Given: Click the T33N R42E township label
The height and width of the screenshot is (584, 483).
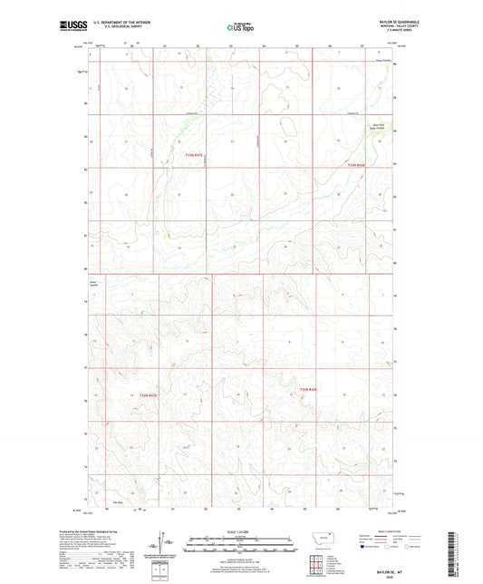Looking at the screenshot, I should (355, 165).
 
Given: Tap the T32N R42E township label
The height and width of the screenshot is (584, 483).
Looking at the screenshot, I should (308, 390).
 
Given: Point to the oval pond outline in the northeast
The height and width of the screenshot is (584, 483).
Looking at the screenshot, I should (289, 125).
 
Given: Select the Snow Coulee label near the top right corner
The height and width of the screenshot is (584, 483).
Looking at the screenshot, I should (384, 61).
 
